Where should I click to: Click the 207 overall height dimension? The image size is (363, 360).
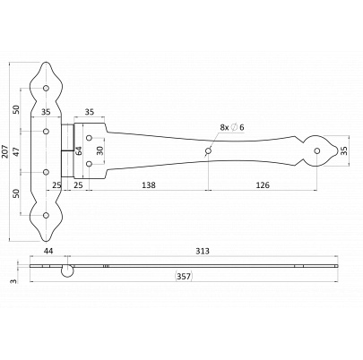[4, 151]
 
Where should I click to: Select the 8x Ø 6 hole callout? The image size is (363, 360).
[232, 127]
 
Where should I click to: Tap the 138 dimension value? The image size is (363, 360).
[149, 185]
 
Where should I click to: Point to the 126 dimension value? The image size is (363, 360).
[263, 185]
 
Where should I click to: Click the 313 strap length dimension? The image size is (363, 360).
[203, 251]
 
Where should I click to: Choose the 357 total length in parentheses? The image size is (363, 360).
[184, 277]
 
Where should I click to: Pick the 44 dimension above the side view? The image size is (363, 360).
[48, 251]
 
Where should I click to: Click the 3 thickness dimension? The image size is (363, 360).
[13, 281]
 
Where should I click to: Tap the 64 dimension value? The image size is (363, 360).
[79, 150]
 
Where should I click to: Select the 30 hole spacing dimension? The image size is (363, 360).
[99, 150]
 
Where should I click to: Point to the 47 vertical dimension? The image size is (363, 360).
[17, 152]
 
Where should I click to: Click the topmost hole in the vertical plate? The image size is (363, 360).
[46, 88]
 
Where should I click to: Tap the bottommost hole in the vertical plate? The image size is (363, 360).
[46, 215]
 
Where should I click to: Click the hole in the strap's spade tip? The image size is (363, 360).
[317, 151]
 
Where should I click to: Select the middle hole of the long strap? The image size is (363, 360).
[208, 151]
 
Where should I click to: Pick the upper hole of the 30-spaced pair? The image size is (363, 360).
[89, 138]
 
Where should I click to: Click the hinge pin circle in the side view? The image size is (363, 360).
[68, 271]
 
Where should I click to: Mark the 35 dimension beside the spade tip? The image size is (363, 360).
[344, 150]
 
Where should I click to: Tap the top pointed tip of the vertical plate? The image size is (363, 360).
[46, 62]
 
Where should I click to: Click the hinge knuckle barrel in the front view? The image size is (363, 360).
[67, 151]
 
